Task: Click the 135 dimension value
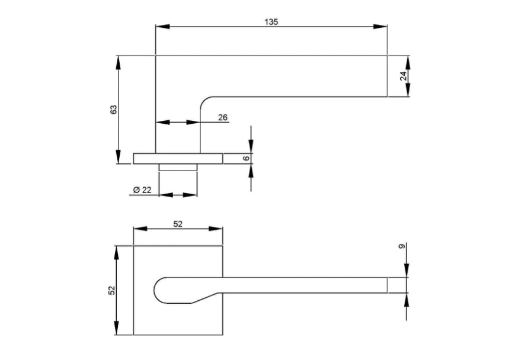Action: tap(271, 22)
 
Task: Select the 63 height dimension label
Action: tap(113, 110)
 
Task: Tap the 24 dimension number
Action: tap(404, 76)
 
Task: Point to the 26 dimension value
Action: tap(223, 117)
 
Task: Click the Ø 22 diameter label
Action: tap(142, 189)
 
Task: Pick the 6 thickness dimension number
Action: tap(246, 158)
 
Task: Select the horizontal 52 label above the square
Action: tap(178, 224)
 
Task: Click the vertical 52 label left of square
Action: tap(112, 290)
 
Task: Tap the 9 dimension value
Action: tap(402, 246)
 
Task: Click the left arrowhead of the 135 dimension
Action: tap(162, 27)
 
